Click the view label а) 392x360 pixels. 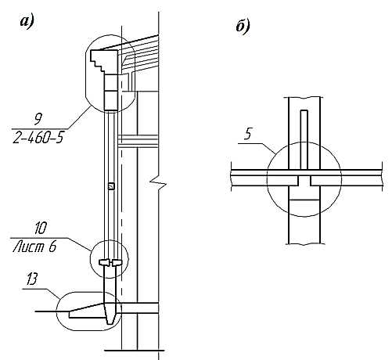pos(27,21)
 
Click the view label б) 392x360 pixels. pos(243,27)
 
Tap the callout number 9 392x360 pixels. pos(38,120)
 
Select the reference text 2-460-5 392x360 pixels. pos(38,138)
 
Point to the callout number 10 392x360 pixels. pos(41,228)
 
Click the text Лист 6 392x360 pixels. pos(34,247)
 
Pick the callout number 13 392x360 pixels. pos(32,279)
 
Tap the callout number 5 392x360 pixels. pos(248,134)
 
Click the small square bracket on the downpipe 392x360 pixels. pos(111,185)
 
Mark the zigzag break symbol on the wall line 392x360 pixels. pos(158,182)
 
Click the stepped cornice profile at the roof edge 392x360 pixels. pos(104,62)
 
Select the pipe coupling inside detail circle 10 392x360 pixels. pos(110,263)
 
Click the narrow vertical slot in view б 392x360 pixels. pos(304,139)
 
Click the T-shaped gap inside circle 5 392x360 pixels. pos(304,181)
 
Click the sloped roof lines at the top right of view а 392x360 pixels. pos(138,53)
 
